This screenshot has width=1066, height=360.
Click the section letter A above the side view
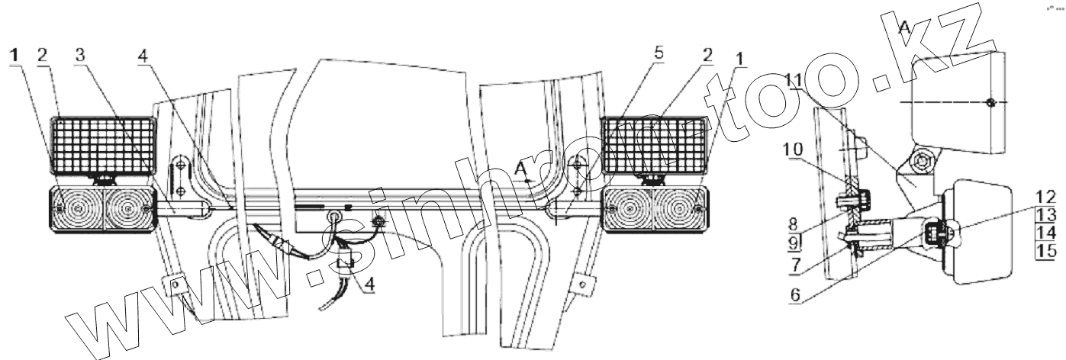click(904, 28)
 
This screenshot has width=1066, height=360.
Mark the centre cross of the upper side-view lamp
click(989, 102)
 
